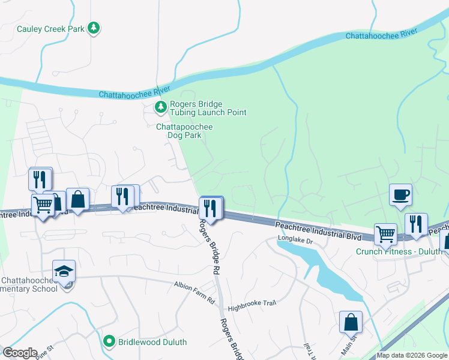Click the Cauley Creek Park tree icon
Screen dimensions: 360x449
94,28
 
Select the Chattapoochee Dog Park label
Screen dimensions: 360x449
184,131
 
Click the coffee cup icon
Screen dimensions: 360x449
400,195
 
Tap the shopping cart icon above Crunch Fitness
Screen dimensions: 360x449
385,233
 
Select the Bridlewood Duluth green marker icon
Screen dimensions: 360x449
109,341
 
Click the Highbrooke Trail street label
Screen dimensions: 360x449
252,303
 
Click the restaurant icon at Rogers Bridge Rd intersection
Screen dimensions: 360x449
211,208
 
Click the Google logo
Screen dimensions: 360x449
19,353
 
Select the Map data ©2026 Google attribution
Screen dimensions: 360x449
412,355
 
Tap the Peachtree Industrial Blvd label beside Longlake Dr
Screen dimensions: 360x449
318,230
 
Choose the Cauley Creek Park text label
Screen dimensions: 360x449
50,28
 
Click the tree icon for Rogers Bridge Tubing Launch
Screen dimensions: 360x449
160,107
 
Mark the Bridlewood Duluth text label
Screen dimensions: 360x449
152,342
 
